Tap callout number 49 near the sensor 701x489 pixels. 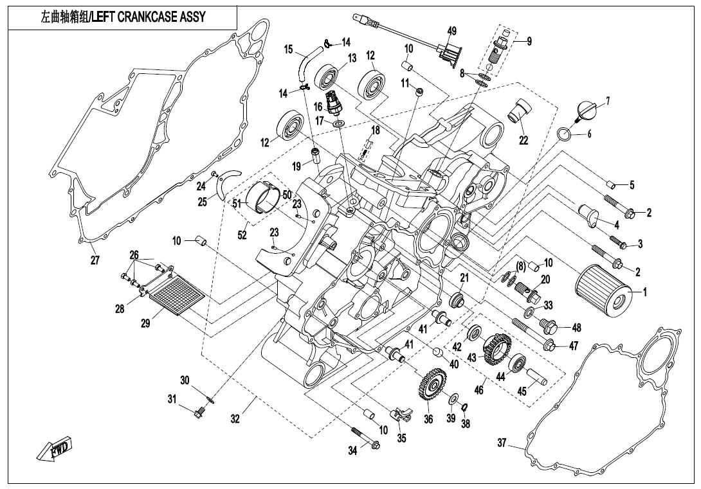(x=452, y=31)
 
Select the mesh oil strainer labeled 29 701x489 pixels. (x=176, y=294)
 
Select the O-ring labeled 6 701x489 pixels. (x=563, y=134)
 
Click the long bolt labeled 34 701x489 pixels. (x=364, y=435)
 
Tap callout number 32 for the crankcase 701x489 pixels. (x=235, y=419)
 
